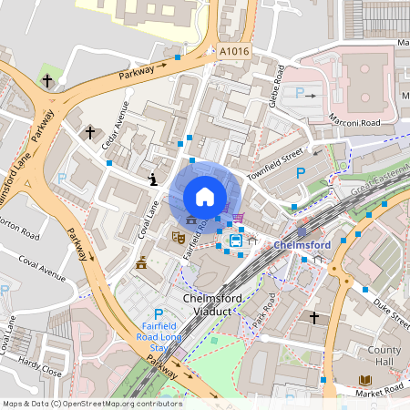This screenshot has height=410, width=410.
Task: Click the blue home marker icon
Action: [x=205, y=196]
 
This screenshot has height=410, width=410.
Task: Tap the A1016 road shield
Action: [x=233, y=53]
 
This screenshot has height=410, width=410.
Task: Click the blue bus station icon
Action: [x=236, y=241]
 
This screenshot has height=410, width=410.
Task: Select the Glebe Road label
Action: [x=279, y=86]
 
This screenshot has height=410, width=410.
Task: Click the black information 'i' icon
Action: [x=153, y=180]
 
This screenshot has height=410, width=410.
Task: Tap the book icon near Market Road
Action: [x=366, y=380]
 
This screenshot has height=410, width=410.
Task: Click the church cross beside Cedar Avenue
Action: [x=89, y=133]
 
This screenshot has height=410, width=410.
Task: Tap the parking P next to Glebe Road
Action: [x=301, y=92]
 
